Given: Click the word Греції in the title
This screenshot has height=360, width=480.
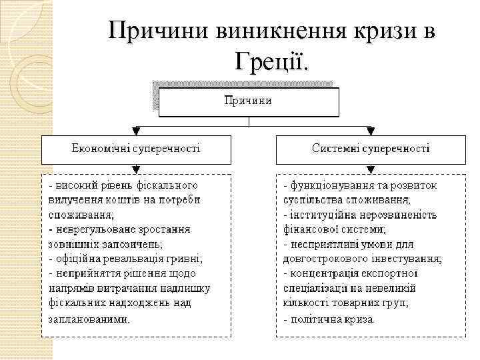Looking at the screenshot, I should point(272,61).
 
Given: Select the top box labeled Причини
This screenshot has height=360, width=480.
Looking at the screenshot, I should point(248,101).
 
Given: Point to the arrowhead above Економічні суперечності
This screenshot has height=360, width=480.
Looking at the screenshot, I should point(136,131).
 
